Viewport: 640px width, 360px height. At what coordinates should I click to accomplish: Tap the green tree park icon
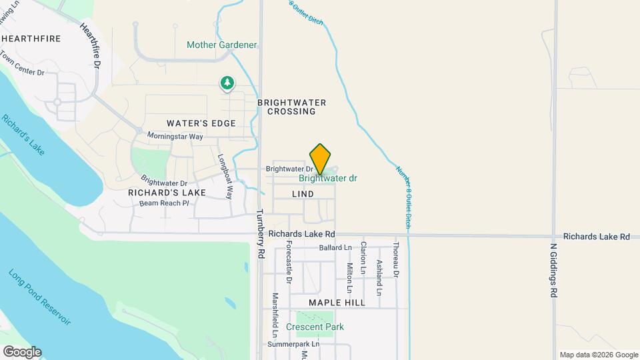(227, 83)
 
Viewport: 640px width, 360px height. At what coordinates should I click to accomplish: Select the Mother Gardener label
(221, 45)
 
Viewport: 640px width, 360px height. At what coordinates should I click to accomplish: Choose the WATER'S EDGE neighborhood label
(201, 123)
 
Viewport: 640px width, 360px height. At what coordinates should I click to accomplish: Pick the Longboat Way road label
(225, 177)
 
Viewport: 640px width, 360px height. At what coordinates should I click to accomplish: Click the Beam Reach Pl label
(165, 203)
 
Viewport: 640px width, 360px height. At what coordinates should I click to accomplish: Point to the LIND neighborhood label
(303, 194)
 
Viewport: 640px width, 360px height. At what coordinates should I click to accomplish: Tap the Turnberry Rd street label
(261, 235)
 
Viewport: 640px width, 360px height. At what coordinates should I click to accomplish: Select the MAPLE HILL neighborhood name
(337, 303)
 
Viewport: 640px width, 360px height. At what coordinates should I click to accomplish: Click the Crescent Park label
(315, 327)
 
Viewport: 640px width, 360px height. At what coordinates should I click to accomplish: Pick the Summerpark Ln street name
(293, 345)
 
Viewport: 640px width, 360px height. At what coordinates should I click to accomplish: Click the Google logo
(22, 352)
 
